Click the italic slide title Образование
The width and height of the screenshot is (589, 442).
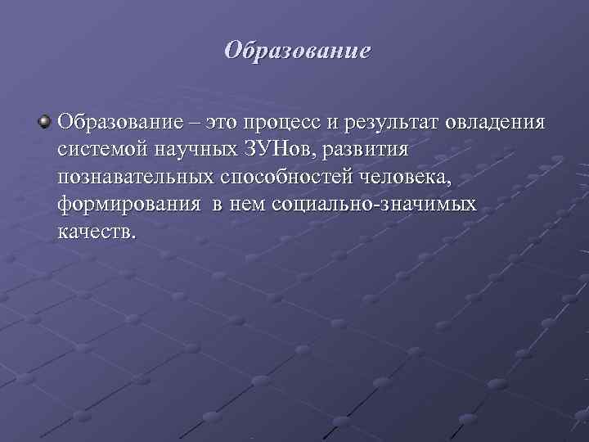click(298, 51)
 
